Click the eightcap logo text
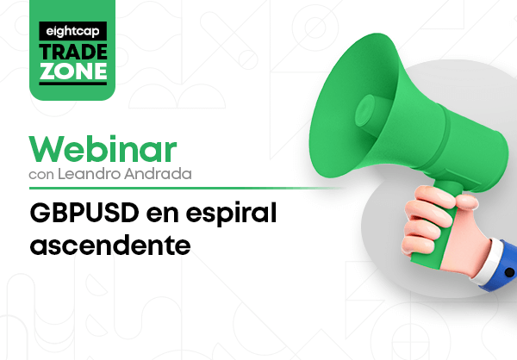[73, 31]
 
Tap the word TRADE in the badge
[73, 52]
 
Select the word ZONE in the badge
[73, 71]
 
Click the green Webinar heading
[103, 149]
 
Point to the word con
[41, 175]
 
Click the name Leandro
[89, 174]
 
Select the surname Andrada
[158, 174]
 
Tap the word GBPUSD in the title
[84, 213]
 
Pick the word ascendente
[110, 245]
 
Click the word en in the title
[162, 215]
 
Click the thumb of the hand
[466, 201]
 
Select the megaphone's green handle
[439, 227]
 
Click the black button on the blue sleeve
[509, 273]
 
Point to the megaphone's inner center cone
[364, 110]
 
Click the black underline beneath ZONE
[73, 84]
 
